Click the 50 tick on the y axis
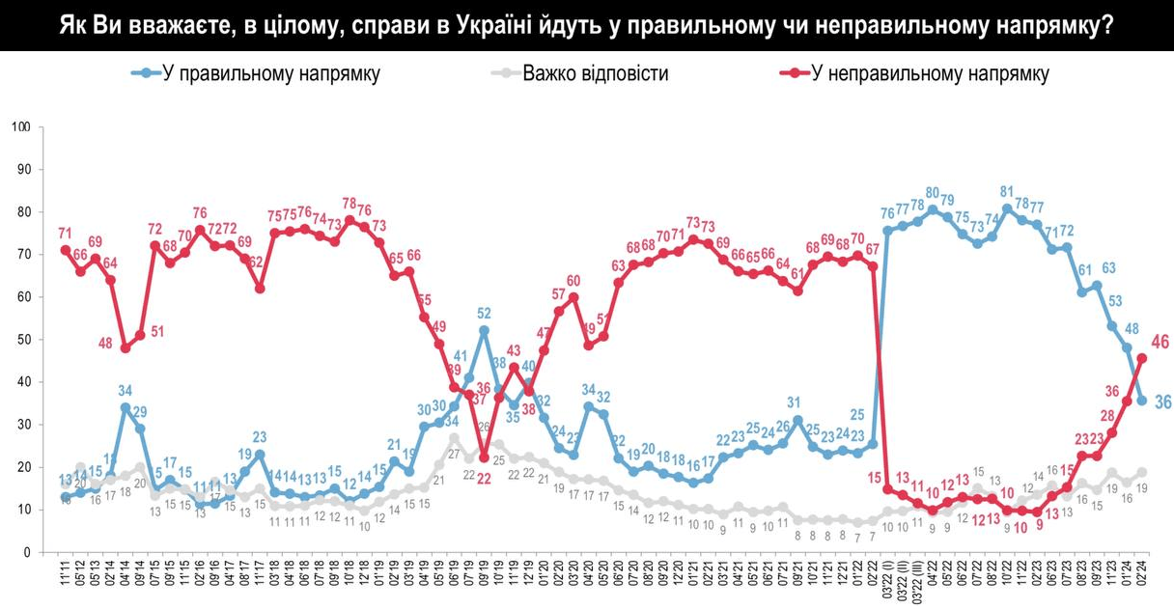[x=25, y=340]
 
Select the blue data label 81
[x=1007, y=191]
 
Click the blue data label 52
[x=484, y=313]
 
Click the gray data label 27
[x=454, y=453]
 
